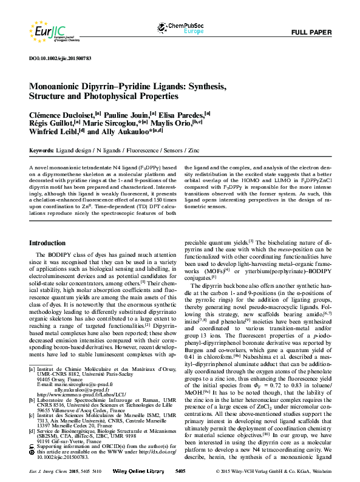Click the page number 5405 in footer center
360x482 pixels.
(180, 470)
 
